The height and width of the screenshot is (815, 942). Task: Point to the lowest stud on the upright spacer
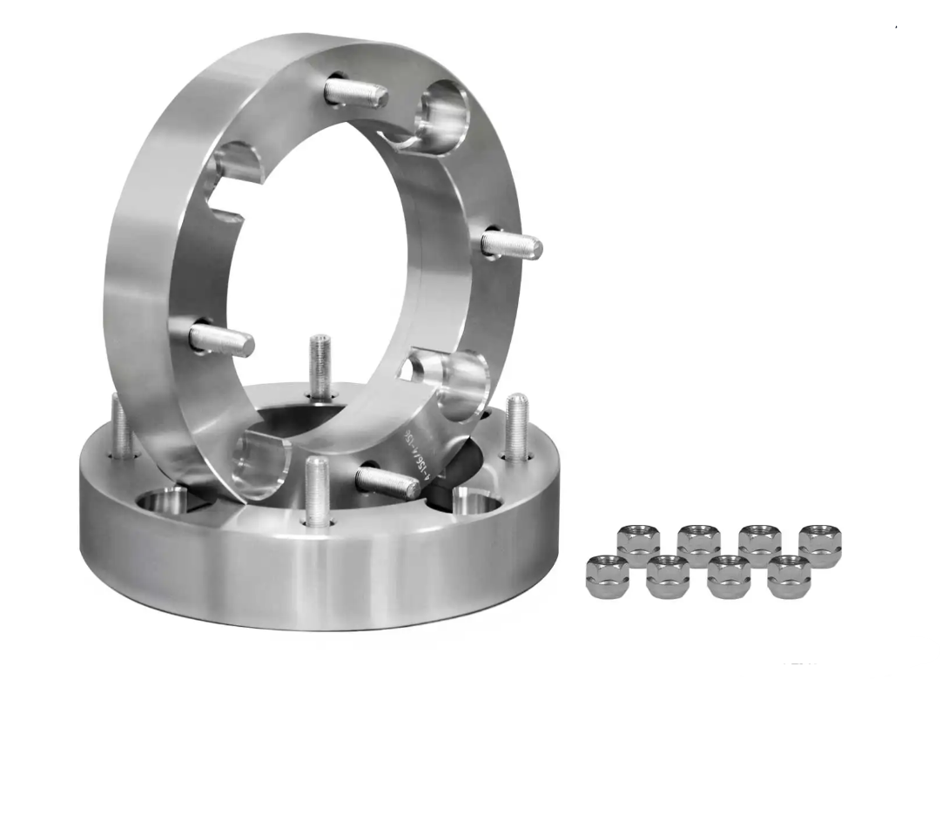point(388,480)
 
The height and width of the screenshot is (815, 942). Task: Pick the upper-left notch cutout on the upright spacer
point(232,178)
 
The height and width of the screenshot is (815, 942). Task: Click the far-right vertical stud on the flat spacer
point(516,426)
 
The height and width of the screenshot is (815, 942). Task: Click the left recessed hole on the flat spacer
point(164,502)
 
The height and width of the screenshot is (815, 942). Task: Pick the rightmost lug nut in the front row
point(789,576)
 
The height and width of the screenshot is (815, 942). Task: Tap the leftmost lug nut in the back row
point(638,544)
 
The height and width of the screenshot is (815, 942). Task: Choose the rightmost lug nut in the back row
point(819,544)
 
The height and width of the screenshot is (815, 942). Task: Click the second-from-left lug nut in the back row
point(698,544)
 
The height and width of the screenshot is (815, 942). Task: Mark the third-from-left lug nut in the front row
point(729,576)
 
